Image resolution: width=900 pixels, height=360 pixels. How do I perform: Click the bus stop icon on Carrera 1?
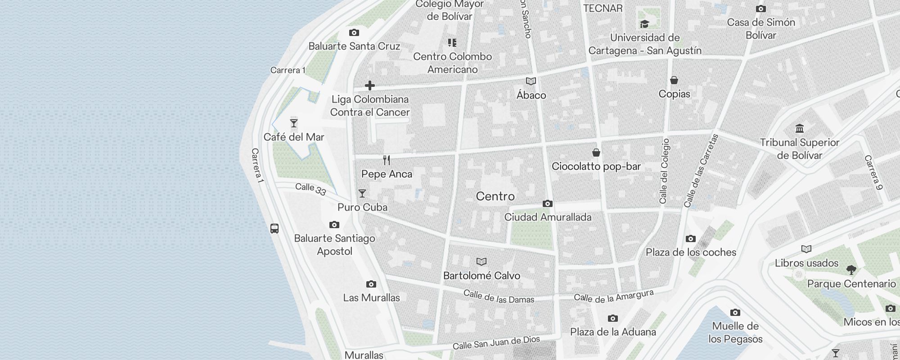tap(274, 228)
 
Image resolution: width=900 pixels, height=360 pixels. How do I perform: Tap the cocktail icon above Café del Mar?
tap(294, 123)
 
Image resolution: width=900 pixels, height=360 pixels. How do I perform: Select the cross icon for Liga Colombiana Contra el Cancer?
tap(370, 85)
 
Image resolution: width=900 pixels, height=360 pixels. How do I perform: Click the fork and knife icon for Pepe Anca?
tap(387, 160)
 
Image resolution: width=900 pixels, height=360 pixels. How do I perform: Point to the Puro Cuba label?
tap(362, 207)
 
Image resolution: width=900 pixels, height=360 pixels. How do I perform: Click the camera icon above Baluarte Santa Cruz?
tap(354, 32)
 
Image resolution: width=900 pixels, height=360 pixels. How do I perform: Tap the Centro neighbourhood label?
tap(495, 196)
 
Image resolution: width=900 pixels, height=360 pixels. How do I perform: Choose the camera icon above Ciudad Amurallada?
tap(548, 203)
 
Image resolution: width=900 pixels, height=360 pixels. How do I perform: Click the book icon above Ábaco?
tap(531, 81)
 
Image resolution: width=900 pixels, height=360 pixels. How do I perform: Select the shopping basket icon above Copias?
tap(674, 80)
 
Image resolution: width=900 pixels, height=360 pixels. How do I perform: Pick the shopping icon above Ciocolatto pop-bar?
tap(596, 153)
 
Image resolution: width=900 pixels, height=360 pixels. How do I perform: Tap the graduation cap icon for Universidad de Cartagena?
tap(645, 24)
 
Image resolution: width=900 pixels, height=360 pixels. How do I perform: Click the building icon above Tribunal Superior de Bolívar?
tap(800, 129)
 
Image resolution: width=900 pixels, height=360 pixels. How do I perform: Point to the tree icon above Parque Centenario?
tap(851, 270)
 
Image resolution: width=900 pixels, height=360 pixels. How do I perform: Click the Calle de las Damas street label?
tap(499, 297)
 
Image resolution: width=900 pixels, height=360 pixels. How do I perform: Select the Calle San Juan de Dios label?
tap(496, 343)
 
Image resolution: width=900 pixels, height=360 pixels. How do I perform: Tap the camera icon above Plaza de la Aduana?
tap(612, 319)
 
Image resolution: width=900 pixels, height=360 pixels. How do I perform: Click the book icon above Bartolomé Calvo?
tap(481, 262)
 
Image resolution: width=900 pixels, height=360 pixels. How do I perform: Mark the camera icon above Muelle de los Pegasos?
tap(735, 312)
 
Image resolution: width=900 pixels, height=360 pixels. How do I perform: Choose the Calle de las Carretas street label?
tap(701, 171)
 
